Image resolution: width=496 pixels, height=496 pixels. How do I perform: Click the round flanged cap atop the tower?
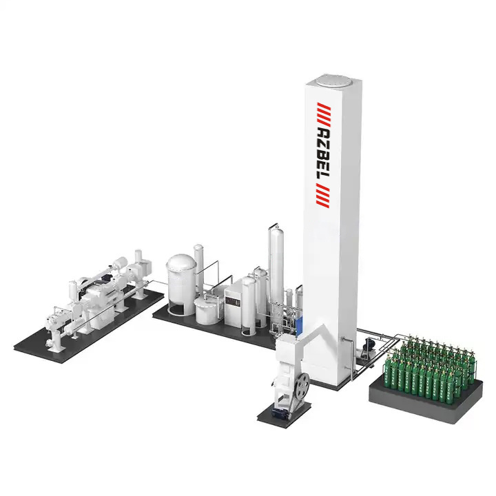click(x=333, y=80)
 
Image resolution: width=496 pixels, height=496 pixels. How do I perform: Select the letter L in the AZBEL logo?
click(x=324, y=179)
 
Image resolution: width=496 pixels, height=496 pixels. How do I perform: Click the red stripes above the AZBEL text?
click(x=324, y=113)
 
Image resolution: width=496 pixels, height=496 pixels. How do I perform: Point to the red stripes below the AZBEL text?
click(x=323, y=198)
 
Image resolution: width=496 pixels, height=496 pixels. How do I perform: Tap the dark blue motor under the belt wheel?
click(x=280, y=413)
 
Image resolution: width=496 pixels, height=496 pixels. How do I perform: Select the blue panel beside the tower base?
click(x=298, y=326)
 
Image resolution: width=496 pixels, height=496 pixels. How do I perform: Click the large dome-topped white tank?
click(x=182, y=285)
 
